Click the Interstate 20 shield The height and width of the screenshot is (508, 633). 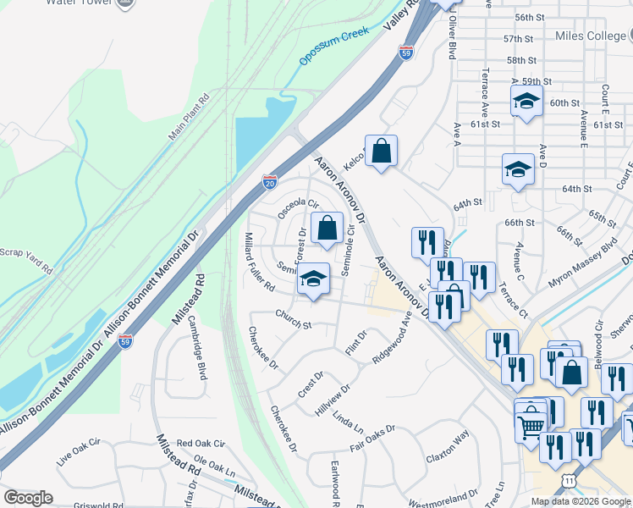click(x=270, y=182)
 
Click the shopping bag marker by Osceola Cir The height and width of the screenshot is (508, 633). click(x=327, y=227)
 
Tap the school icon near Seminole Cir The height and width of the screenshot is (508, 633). click(x=313, y=279)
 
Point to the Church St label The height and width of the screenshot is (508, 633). click(x=294, y=319)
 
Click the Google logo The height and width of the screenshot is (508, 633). click(x=29, y=497)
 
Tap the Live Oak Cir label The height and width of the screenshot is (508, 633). click(x=78, y=458)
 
